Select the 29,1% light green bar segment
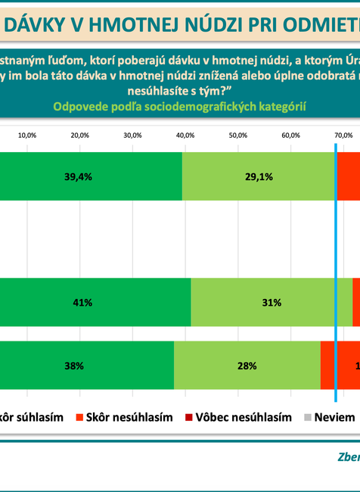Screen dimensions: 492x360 pyautogui.click(x=259, y=176)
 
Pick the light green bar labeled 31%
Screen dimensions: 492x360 pyautogui.click(x=272, y=302)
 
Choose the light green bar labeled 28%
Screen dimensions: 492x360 pyautogui.click(x=247, y=366)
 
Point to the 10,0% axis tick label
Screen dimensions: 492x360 pyautogui.click(x=28, y=135)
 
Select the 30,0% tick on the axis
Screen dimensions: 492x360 pyautogui.click(x=132, y=135)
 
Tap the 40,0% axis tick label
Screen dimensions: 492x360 pyautogui.click(x=185, y=135)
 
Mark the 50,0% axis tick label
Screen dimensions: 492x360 pyautogui.click(x=237, y=135)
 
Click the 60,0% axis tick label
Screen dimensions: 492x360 pyautogui.click(x=290, y=135)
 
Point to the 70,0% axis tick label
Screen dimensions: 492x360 pyautogui.click(x=343, y=135)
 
